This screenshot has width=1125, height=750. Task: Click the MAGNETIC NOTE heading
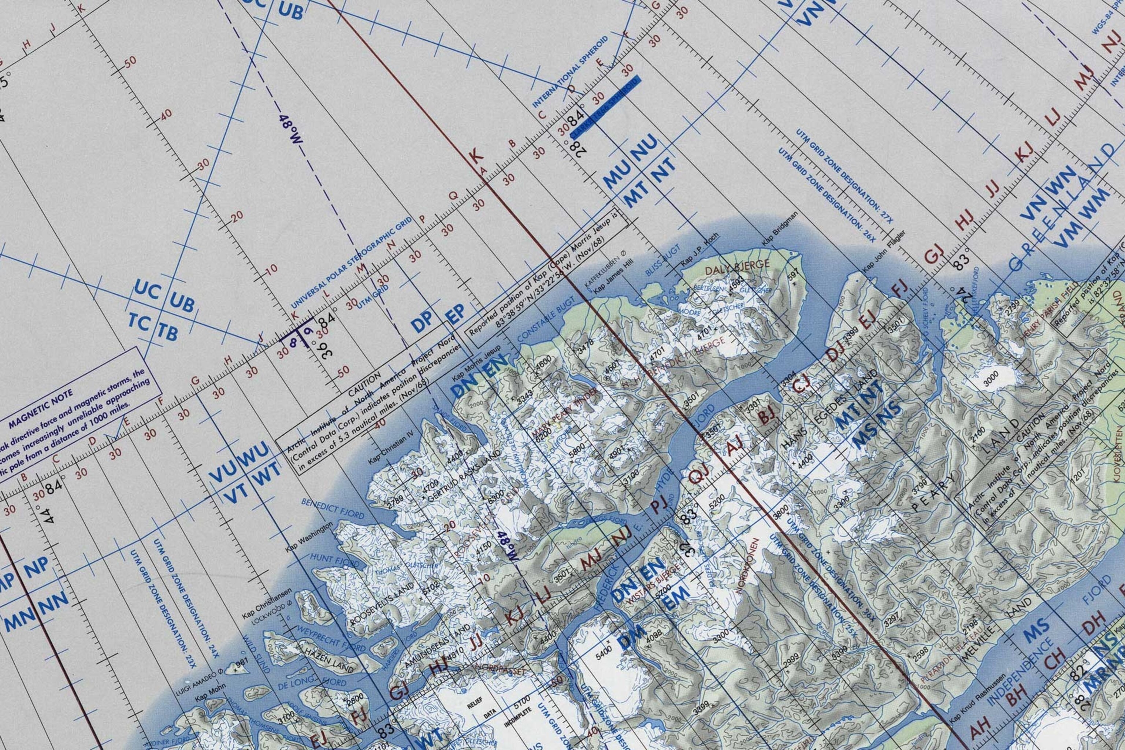tap(41, 408)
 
